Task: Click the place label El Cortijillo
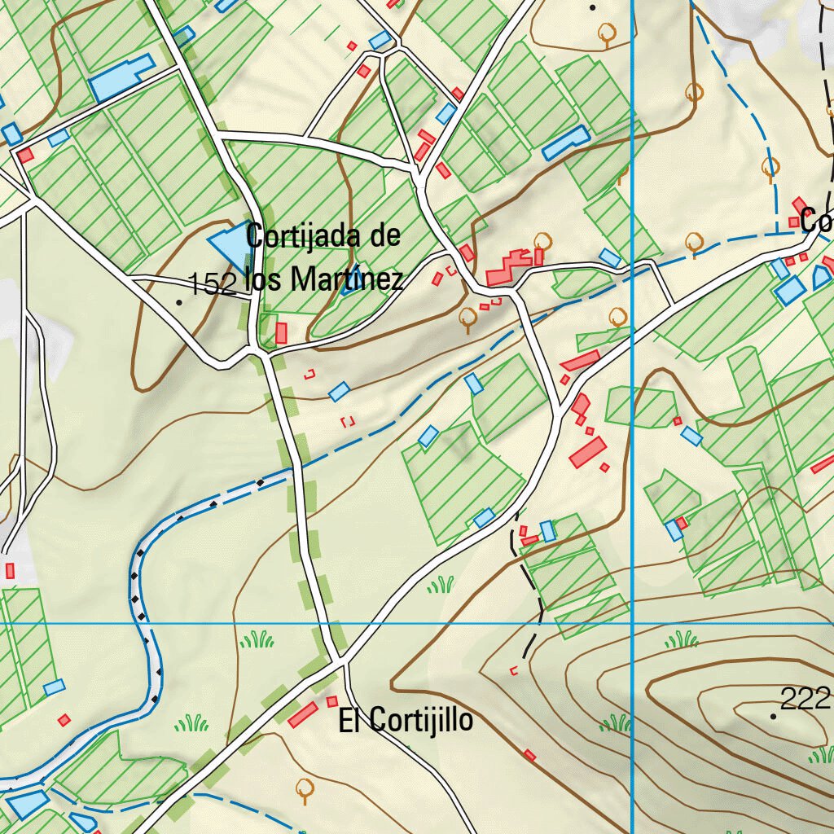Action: click(x=406, y=720)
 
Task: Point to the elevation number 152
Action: click(x=213, y=284)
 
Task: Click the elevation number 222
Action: click(x=805, y=698)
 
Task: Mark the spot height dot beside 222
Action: click(x=773, y=716)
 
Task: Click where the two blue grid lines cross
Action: click(x=633, y=624)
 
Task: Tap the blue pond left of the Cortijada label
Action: click(x=227, y=244)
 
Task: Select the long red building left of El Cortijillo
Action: click(x=303, y=715)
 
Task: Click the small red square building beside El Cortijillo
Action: click(x=331, y=701)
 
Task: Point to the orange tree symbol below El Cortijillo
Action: click(x=305, y=788)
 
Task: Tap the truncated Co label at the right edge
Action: click(x=816, y=220)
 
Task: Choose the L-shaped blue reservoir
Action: click(x=119, y=79)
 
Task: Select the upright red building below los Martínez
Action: click(x=281, y=333)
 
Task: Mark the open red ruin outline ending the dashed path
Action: click(x=513, y=671)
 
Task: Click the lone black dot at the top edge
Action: click(x=593, y=7)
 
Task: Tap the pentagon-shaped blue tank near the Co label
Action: click(x=821, y=278)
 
